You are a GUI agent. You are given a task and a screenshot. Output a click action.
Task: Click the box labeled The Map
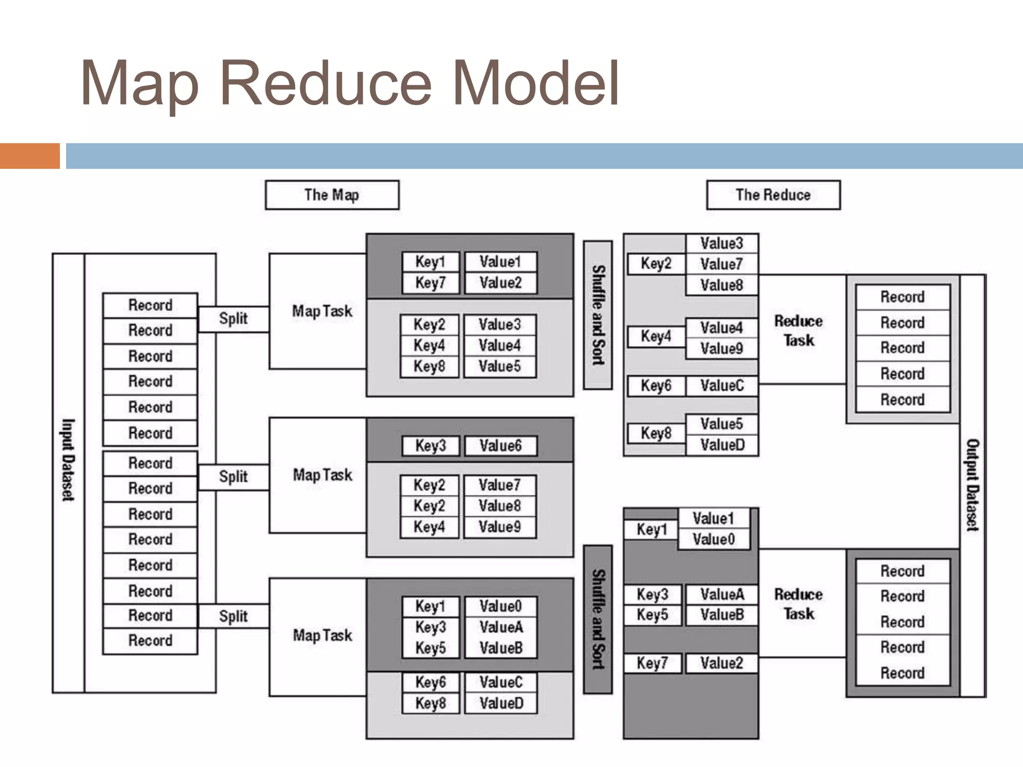click(x=332, y=195)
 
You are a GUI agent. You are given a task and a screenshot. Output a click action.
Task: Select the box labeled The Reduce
click(x=773, y=195)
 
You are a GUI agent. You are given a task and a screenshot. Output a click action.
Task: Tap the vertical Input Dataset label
click(x=68, y=459)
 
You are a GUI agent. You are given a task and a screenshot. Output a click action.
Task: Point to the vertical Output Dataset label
click(x=972, y=484)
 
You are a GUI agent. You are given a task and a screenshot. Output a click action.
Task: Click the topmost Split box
click(x=233, y=319)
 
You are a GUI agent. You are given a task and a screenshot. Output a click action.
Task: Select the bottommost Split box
click(x=233, y=616)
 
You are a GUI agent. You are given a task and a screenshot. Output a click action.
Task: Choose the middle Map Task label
click(x=322, y=475)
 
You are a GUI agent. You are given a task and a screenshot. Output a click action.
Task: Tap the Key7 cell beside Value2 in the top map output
click(x=430, y=283)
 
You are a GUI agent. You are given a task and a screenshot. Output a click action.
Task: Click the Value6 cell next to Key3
click(x=501, y=445)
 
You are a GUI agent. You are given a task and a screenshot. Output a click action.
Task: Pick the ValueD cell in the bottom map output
click(x=501, y=703)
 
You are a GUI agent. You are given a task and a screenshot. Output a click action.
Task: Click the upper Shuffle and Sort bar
click(x=598, y=315)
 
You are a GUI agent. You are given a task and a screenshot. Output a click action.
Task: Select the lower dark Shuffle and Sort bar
click(x=598, y=619)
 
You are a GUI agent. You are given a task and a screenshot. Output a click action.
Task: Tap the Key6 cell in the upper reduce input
click(x=656, y=385)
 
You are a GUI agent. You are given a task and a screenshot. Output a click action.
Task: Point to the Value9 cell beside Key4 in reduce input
click(x=721, y=348)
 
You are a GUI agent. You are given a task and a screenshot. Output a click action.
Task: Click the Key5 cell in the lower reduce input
click(x=652, y=615)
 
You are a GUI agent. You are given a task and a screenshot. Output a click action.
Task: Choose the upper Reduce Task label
click(x=798, y=331)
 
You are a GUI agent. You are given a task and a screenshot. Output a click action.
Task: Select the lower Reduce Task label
click(x=798, y=604)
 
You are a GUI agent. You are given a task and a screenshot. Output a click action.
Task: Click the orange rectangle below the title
click(x=29, y=156)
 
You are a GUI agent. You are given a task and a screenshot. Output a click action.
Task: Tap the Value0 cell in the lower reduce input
click(x=713, y=539)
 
